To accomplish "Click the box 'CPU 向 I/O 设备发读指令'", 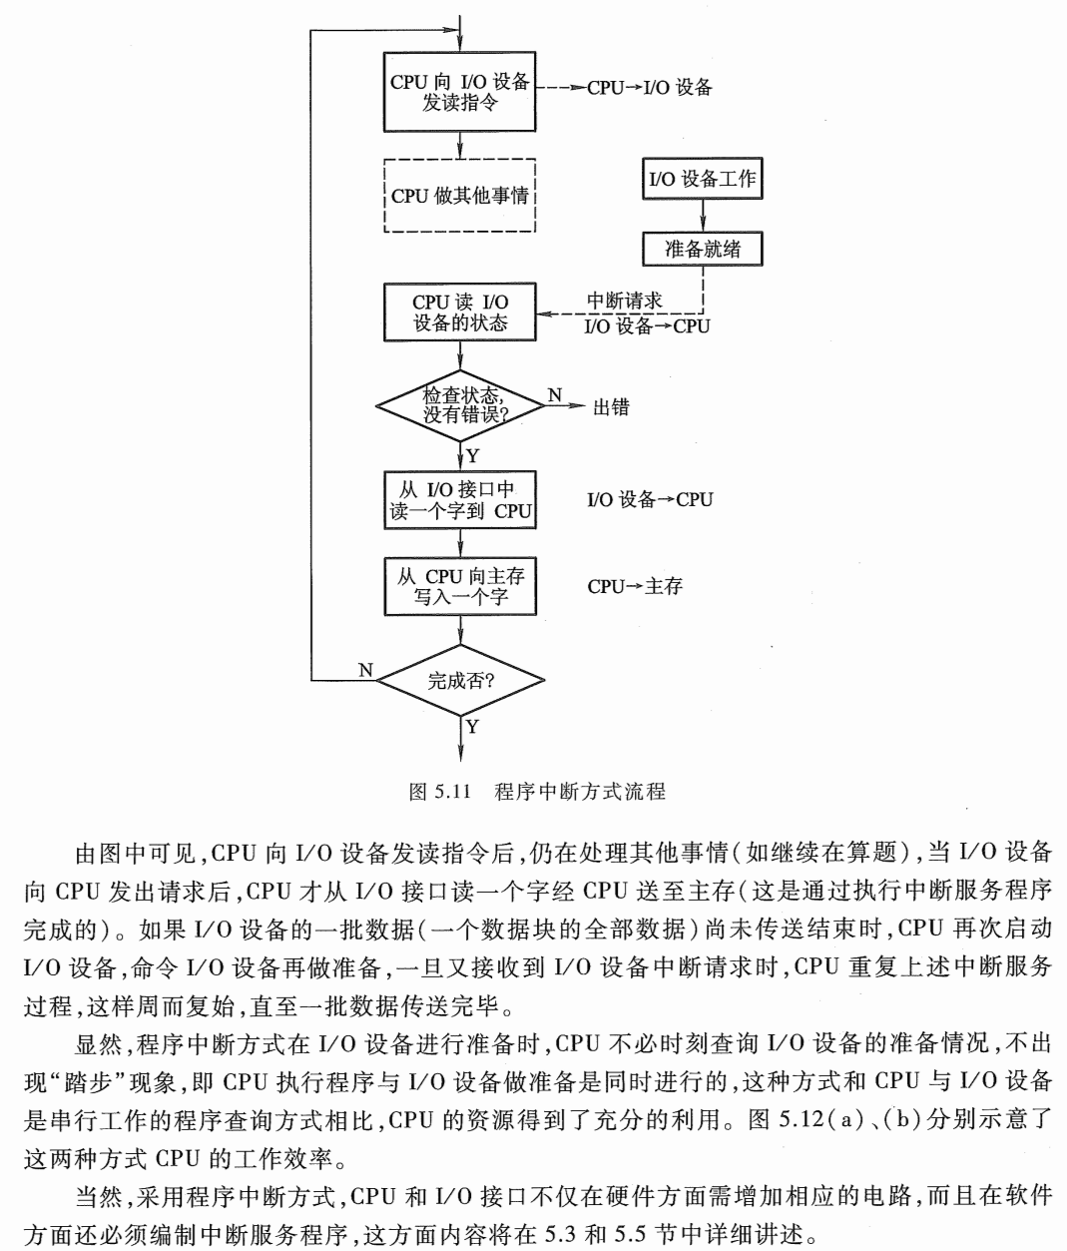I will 459,92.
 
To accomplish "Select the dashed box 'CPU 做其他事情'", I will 459,196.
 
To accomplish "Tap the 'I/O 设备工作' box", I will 704,181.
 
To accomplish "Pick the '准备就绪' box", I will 704,249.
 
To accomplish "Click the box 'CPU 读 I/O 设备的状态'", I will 459,313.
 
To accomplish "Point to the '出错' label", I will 611,407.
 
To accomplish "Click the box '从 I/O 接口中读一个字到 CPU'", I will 459,501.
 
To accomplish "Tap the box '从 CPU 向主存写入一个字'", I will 459,586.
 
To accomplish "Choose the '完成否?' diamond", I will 459,682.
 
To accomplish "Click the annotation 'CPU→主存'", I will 634,587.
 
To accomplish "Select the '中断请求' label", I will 624,301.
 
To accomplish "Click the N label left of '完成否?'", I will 365,670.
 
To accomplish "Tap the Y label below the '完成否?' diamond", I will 472,727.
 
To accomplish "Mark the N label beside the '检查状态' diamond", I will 555,394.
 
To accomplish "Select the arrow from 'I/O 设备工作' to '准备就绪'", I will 704,215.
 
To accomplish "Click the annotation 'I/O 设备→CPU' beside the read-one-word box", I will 650,499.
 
